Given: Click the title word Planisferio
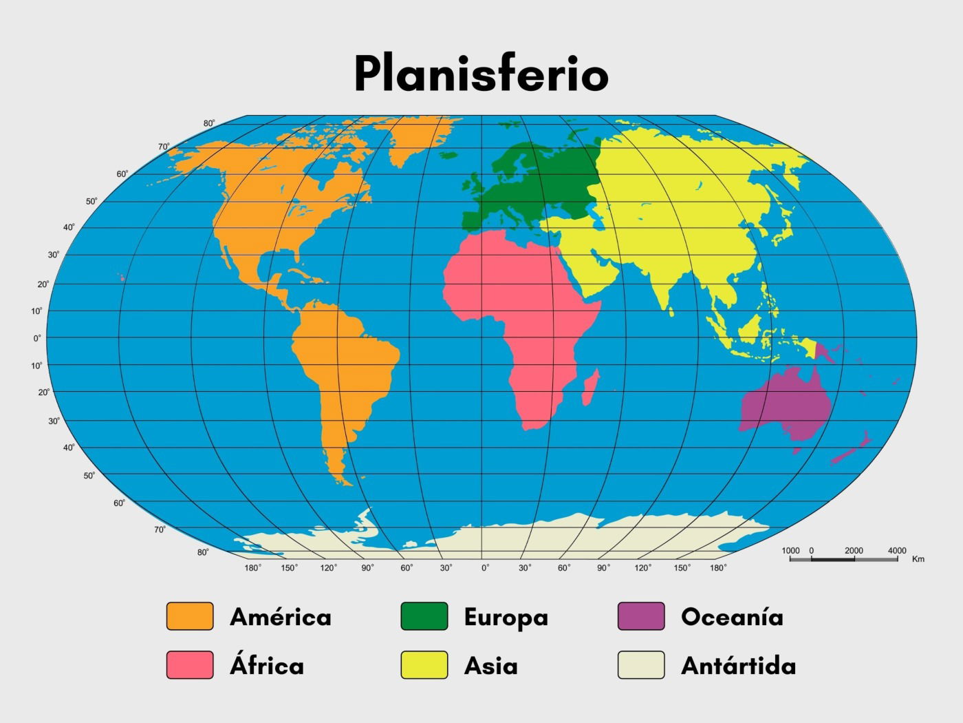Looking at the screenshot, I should (x=481, y=72).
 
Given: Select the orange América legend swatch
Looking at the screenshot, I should (x=190, y=616).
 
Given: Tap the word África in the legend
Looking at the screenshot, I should (x=267, y=665).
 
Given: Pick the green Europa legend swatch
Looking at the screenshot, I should (x=424, y=616).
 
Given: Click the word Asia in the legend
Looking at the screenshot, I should (x=491, y=666).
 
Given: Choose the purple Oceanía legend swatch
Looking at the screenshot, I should (x=641, y=616).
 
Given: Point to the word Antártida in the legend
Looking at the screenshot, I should (x=738, y=666).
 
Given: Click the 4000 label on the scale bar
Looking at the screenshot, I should (x=897, y=551).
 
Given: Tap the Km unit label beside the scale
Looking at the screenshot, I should (x=918, y=559).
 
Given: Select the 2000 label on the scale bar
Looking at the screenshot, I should (x=854, y=551).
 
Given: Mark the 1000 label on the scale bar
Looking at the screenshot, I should (x=791, y=551).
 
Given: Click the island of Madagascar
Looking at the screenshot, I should (x=590, y=388).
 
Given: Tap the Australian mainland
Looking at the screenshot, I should (x=788, y=406).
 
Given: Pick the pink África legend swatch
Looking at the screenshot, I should (x=190, y=665).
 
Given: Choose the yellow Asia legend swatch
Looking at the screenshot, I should (x=424, y=665).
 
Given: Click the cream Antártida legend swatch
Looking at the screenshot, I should (x=641, y=665).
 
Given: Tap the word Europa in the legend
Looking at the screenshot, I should (x=506, y=617).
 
